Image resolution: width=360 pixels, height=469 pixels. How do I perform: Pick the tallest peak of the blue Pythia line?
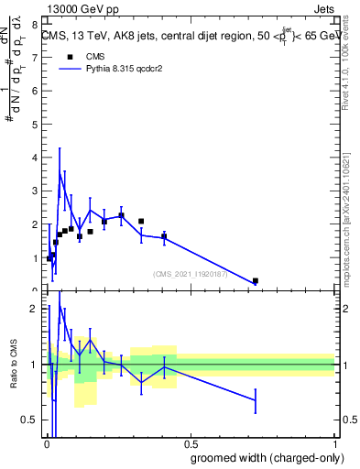pos(60,171)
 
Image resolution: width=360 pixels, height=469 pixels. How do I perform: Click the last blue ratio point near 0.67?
pos(256,400)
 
